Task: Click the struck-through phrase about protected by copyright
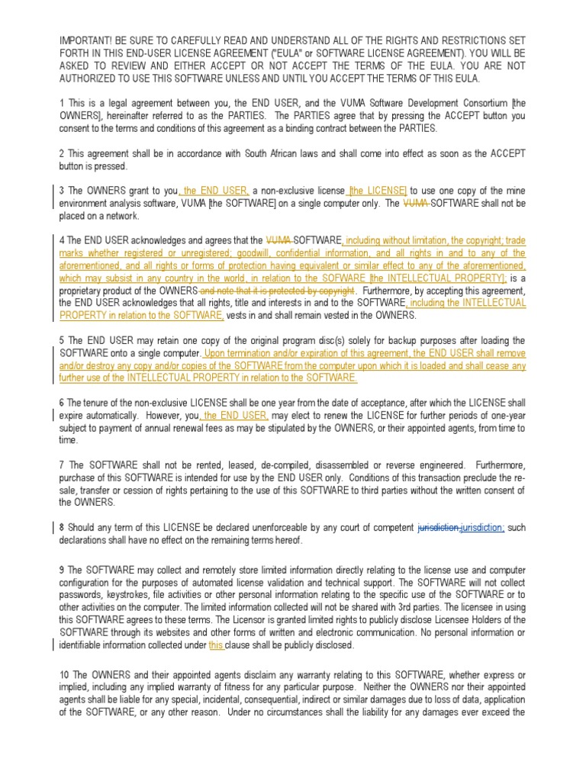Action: click(277, 291)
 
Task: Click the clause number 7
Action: click(62, 465)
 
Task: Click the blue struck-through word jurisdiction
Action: click(439, 528)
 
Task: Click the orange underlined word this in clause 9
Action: click(216, 645)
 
